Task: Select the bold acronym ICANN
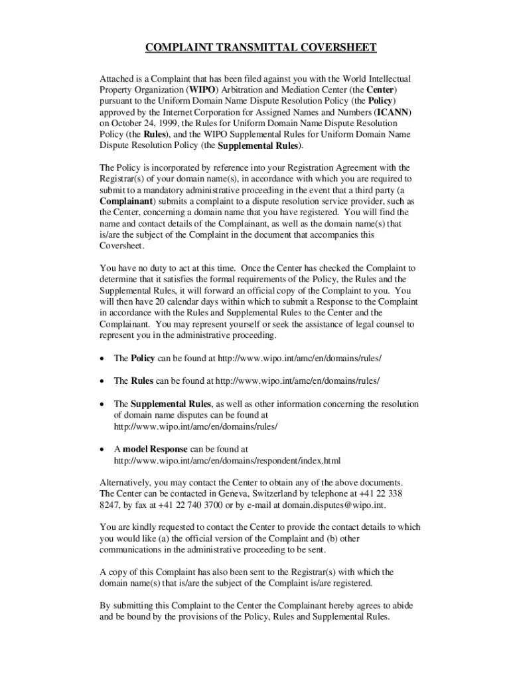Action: [394, 112]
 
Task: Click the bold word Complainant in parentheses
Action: [126, 201]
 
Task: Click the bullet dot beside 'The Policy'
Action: [102, 359]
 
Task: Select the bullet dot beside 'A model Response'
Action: [102, 450]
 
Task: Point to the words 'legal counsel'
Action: [382, 324]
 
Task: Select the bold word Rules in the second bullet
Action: [142, 381]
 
